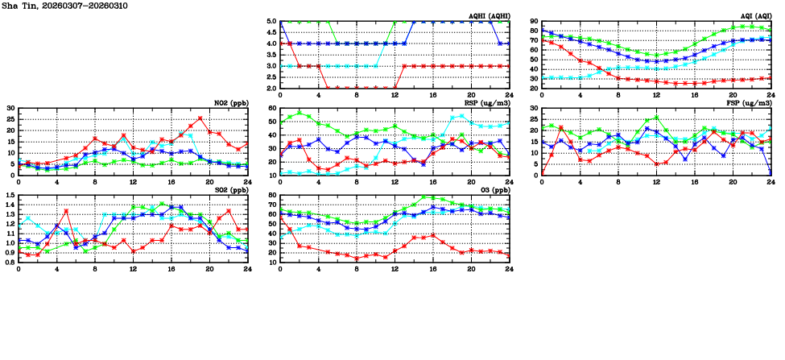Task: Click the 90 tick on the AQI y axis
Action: click(x=534, y=22)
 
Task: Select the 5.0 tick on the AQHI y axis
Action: click(x=271, y=22)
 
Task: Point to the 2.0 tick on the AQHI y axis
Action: click(x=271, y=89)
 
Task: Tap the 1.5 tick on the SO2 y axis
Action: click(x=10, y=196)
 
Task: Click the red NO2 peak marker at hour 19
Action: click(x=200, y=118)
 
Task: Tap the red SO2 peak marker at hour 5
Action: click(x=66, y=211)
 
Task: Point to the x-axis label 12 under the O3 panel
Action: click(x=395, y=269)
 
